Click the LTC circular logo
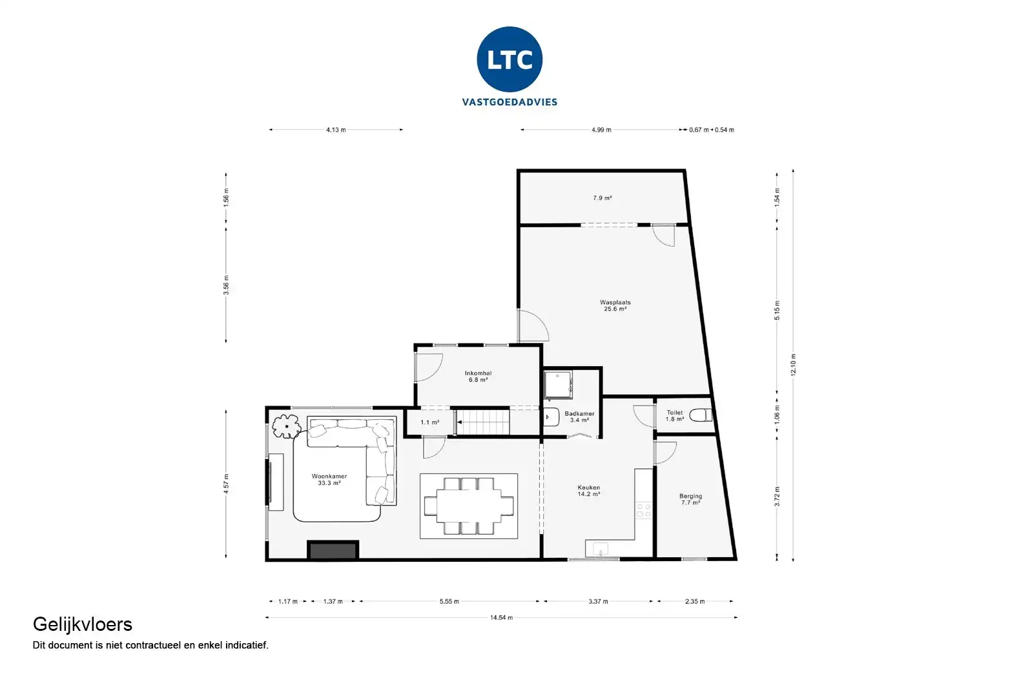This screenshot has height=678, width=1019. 509,59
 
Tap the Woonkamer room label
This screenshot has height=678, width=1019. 329,480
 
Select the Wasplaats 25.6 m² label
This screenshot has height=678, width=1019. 615,305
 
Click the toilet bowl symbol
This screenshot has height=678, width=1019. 701,415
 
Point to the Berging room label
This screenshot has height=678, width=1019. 690,499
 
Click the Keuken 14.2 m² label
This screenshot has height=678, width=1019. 588,491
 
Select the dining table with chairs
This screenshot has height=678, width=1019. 469,506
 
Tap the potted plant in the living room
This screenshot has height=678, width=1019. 285,426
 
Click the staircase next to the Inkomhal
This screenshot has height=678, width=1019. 484,422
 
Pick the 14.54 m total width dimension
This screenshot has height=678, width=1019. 501,618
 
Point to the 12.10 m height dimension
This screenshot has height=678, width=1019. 794,365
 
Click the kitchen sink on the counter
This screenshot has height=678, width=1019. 600,550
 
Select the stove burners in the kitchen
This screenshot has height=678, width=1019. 644,510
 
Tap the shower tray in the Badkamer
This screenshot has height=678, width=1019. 557,384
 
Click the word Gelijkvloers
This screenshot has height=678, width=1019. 83,624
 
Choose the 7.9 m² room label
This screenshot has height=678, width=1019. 602,198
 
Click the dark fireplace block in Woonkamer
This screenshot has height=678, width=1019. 333,551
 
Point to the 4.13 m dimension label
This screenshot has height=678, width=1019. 336,130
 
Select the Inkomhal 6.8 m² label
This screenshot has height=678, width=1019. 478,376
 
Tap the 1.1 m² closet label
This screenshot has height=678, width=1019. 429,422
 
